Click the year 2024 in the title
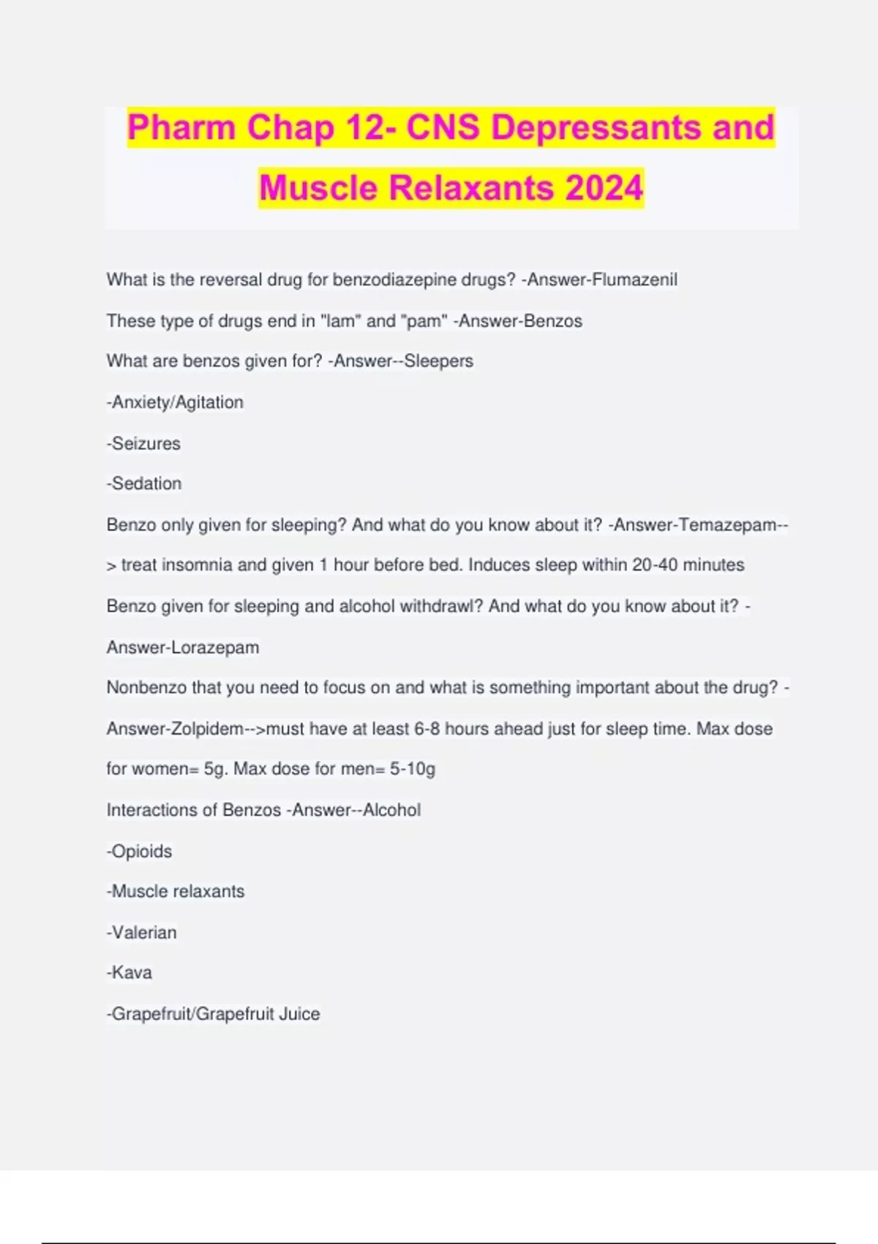point(604,187)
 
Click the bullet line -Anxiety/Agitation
point(175,402)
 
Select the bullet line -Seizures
point(143,443)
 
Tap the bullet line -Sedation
point(144,483)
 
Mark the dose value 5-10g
point(413,768)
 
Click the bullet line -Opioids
point(140,851)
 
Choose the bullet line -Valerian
point(142,932)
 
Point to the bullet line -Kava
point(130,973)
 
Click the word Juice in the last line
point(299,1013)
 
